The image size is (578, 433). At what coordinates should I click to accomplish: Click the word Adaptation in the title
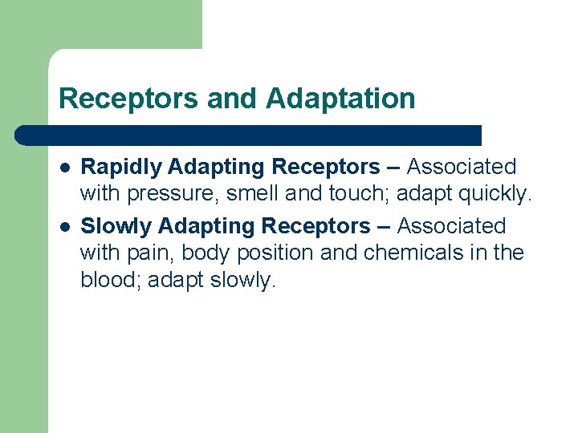coord(340,99)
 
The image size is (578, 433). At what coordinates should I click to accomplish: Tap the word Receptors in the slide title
coord(128,99)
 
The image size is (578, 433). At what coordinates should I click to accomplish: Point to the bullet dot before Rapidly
coord(63,168)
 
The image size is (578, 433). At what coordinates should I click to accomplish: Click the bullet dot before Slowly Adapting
coord(63,227)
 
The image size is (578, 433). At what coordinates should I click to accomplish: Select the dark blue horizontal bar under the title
coord(249,135)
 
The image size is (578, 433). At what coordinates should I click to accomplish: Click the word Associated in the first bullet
coord(462,167)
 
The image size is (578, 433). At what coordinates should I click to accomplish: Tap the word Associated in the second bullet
coord(451,226)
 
